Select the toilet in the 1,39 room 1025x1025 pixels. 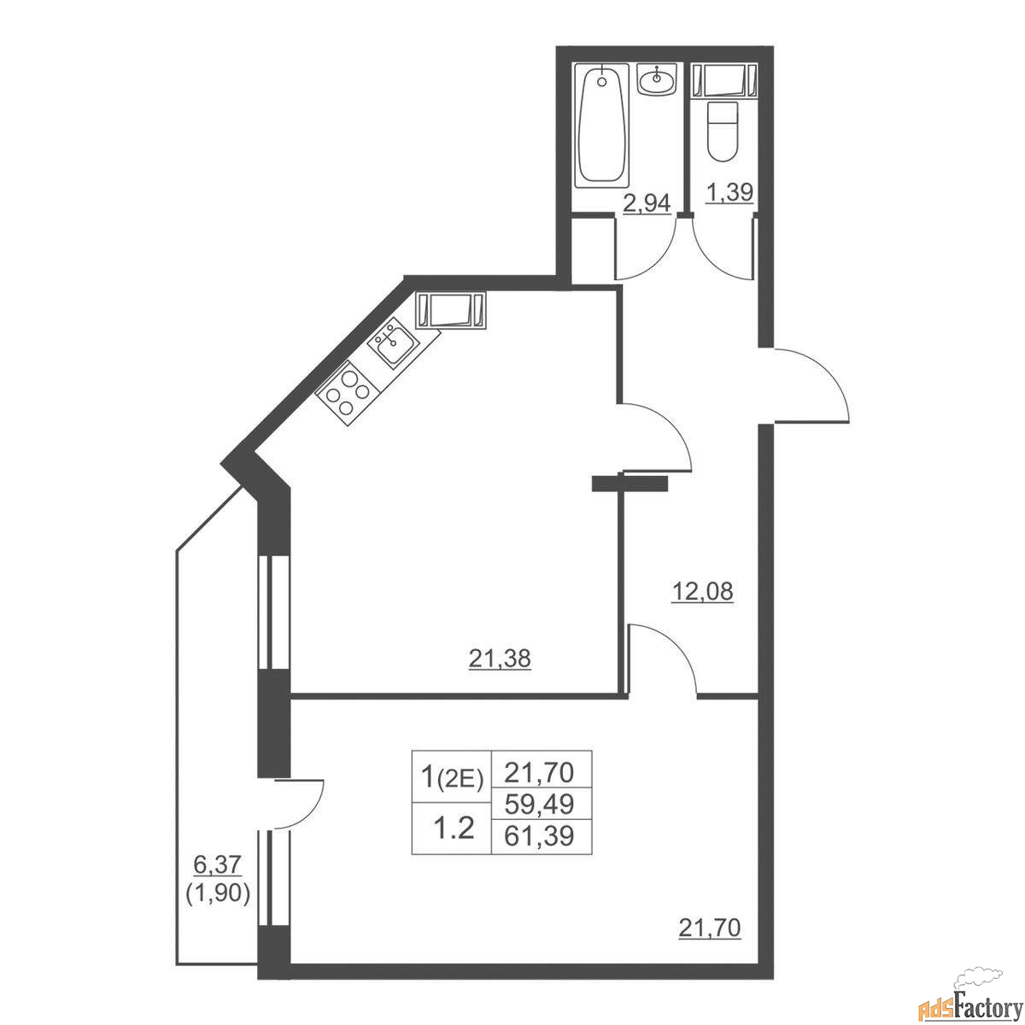[x=723, y=131]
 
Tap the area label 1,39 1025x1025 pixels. [x=729, y=192]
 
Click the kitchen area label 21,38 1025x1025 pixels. [x=500, y=659]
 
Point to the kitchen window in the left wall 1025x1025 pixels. [x=272, y=612]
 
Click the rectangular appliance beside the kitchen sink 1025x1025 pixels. [x=450, y=311]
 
